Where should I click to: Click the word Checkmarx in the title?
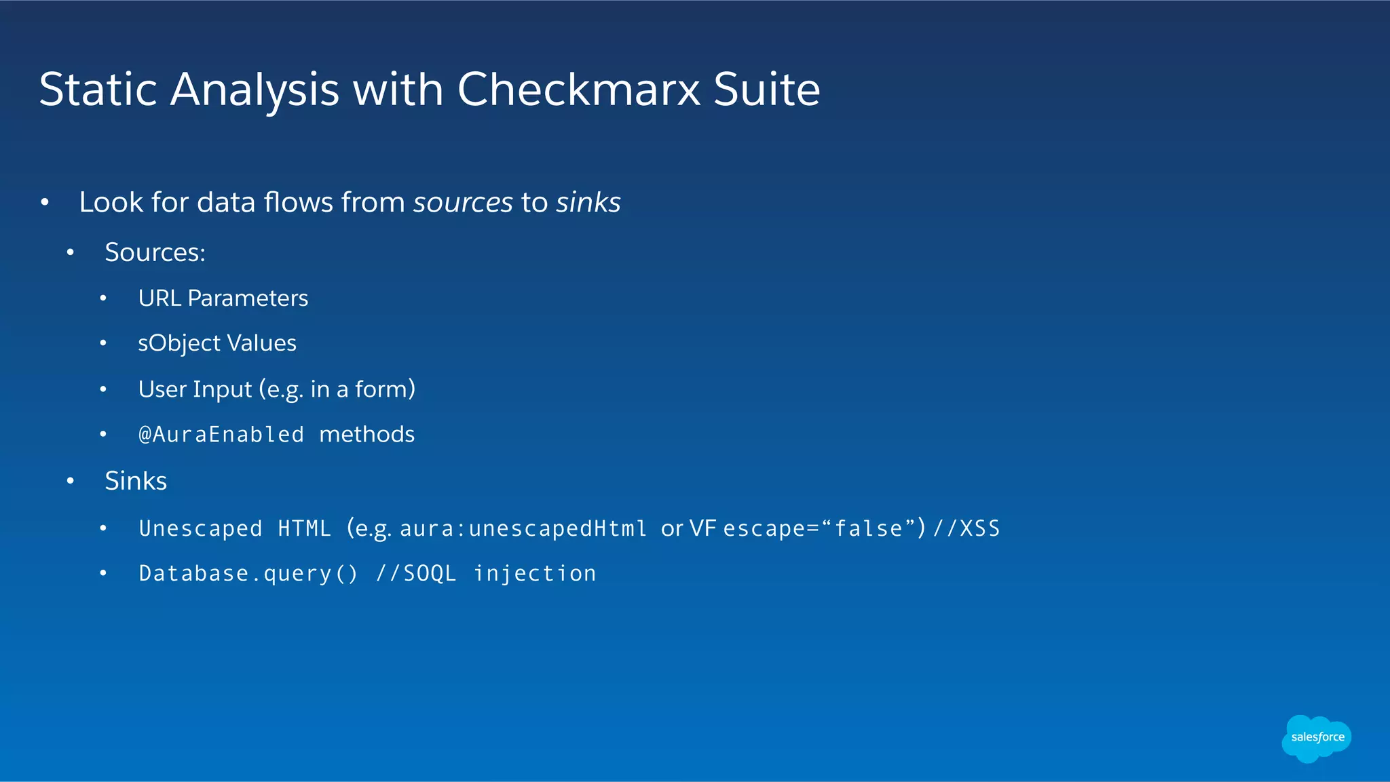tap(579, 90)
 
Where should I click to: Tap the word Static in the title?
tap(98, 90)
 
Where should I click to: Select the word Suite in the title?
tap(766, 90)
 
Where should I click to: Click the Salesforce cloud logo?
tap(1317, 738)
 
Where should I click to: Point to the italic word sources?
tap(463, 203)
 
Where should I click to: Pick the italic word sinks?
tap(588, 203)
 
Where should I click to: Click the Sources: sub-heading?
tap(155, 253)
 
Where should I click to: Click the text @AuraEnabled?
tap(221, 435)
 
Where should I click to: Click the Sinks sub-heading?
tap(136, 481)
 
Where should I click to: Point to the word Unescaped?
tap(200, 529)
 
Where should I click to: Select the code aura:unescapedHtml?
tap(523, 529)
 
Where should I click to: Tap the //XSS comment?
tap(966, 529)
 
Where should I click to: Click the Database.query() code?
tap(248, 574)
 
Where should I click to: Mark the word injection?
tap(535, 574)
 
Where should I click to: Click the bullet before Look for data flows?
tap(45, 203)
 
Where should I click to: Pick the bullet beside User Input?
tap(103, 389)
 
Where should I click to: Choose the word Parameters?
tap(248, 298)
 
